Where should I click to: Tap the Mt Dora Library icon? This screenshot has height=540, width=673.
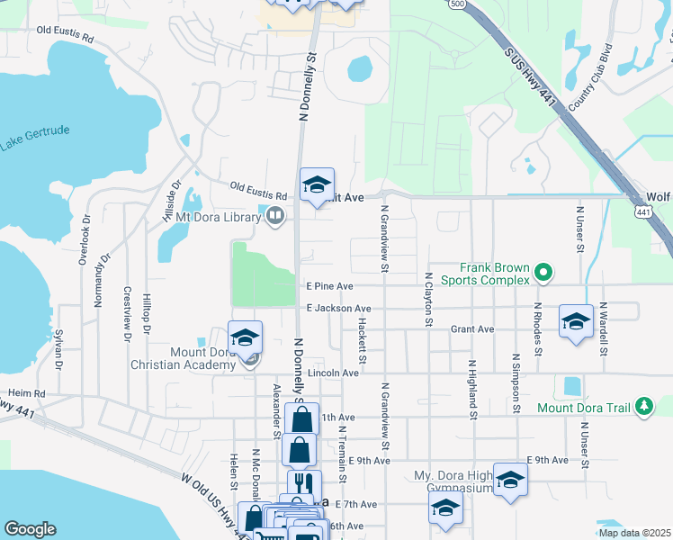[274, 215]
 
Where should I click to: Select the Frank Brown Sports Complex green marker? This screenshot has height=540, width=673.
[543, 271]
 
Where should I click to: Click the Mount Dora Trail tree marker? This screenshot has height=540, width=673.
[643, 407]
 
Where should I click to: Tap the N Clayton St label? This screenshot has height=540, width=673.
[429, 300]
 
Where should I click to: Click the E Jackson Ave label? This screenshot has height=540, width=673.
[337, 308]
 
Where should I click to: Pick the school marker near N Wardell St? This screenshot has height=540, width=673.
[576, 321]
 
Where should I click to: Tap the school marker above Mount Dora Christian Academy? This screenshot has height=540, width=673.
[245, 337]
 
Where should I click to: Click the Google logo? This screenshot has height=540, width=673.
[30, 528]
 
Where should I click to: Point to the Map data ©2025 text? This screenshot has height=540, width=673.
[633, 533]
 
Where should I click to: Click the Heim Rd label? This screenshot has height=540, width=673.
[26, 393]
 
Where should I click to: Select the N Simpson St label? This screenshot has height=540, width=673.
[516, 382]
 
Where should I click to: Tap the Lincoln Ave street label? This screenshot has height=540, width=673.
[333, 373]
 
